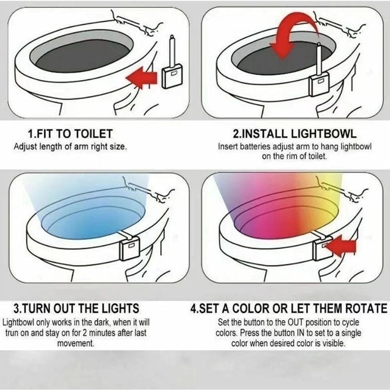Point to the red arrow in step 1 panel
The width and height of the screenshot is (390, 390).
coord(141,78)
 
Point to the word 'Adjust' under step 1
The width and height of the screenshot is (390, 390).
coord(24,146)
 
